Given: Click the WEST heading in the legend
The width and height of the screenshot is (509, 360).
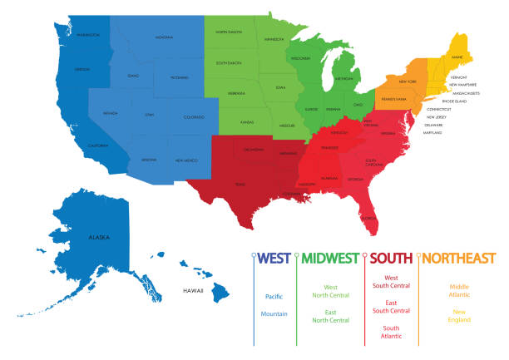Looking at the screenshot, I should click(275, 258).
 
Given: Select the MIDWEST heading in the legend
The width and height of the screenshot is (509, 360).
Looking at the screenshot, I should click(330, 258).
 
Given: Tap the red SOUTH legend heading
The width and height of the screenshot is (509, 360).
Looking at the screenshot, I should click(392, 258).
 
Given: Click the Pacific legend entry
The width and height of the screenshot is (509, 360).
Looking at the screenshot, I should click(274, 297).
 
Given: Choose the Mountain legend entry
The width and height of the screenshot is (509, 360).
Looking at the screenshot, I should click(274, 313).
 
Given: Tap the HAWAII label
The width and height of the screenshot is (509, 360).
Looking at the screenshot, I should click(194, 290).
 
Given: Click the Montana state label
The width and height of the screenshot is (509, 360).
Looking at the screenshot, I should click(163, 37).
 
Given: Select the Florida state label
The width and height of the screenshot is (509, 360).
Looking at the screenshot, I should click(367, 218).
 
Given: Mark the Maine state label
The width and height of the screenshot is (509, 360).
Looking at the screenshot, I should click(457, 57).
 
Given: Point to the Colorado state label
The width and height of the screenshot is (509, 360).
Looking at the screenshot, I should click(193, 116).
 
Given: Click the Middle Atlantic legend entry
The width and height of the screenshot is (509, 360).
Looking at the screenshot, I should click(459, 291).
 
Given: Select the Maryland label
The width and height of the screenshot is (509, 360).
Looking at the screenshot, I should click(432, 132).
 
